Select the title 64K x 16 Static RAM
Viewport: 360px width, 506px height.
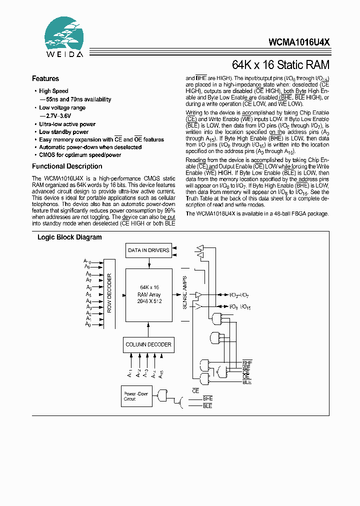281,65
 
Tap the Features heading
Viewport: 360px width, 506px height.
45,78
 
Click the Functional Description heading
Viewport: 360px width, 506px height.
67,166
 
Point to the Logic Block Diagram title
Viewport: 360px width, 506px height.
69,237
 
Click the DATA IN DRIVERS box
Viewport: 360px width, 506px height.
148,250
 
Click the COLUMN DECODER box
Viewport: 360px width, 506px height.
148,344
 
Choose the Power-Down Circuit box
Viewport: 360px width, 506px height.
136,396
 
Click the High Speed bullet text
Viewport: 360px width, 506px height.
53,91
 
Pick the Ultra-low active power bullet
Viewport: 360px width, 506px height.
67,124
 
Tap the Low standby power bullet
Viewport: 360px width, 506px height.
63,132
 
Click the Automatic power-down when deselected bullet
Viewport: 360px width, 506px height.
90,147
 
